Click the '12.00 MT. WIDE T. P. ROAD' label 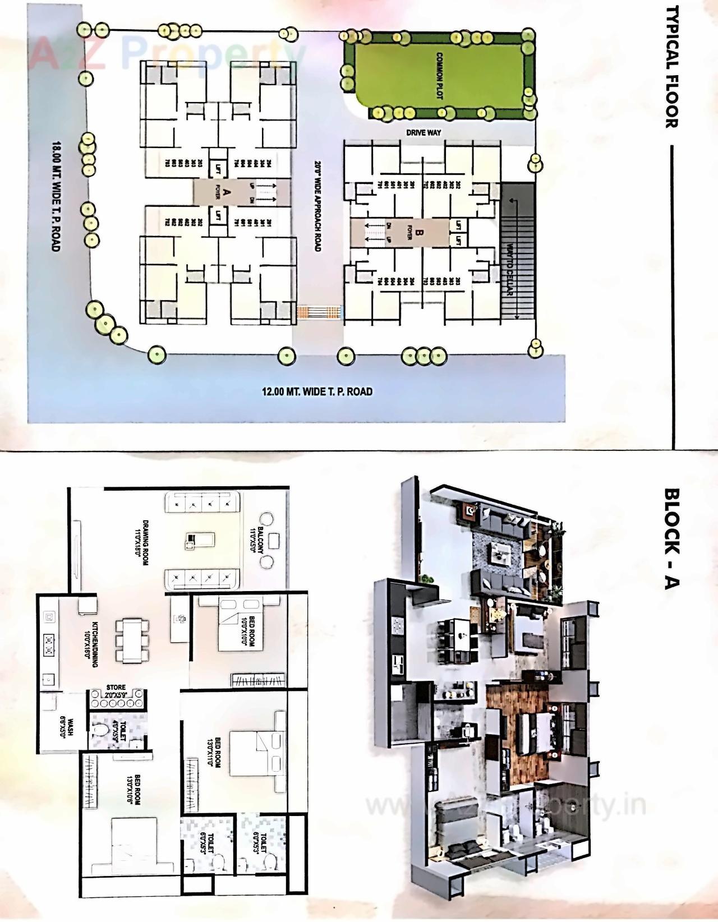317,391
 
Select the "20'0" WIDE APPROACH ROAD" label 317,206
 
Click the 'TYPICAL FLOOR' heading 671,74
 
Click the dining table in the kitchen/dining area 133,639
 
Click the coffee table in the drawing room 199,541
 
